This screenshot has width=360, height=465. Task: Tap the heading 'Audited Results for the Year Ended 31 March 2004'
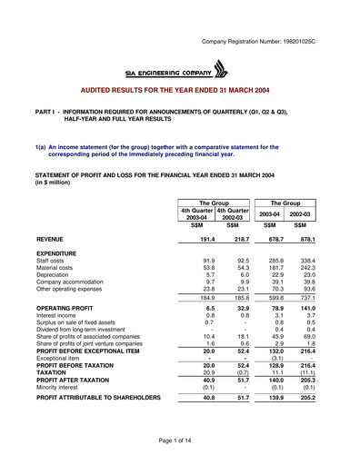tap(180, 93)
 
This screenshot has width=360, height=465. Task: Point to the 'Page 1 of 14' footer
tap(179, 440)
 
